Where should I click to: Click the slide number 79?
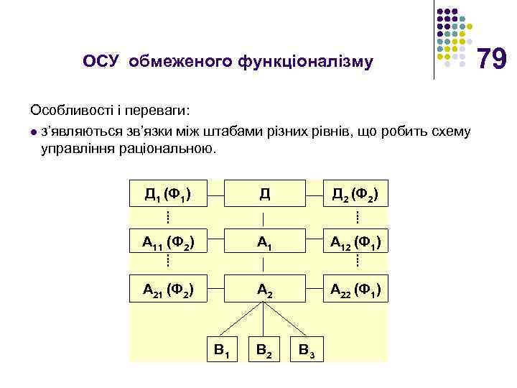tap(493, 58)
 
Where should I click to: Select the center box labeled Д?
tap(264, 193)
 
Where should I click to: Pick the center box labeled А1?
tap(264, 241)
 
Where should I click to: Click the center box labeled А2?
tap(264, 290)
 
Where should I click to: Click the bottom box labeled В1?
tap(222, 350)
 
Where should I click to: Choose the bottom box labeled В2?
tap(264, 350)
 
